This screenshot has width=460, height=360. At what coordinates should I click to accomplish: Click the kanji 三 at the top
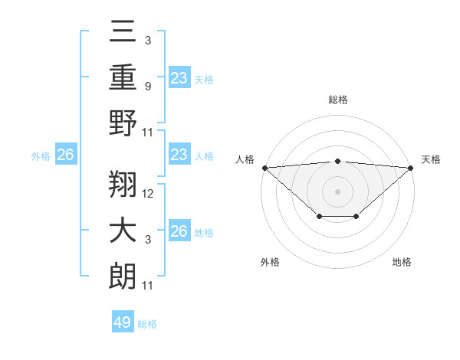point(123,33)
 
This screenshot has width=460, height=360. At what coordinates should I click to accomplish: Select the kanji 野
point(123,123)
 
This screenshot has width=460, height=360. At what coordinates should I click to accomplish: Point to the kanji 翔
point(123,185)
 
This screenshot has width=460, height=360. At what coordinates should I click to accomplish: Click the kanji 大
point(123,231)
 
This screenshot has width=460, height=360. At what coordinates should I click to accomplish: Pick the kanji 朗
point(123,277)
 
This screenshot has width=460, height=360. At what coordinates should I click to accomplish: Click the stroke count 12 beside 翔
point(149,194)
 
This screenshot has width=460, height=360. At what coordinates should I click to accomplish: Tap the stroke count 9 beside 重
point(149,86)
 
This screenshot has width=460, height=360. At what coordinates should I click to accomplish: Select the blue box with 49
point(123,322)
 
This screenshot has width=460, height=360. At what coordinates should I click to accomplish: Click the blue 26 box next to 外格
point(65,155)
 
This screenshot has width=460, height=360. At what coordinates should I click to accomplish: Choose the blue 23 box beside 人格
point(179,155)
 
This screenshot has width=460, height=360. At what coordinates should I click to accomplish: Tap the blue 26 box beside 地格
point(179,231)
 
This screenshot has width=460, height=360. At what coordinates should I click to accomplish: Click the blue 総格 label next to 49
point(147,324)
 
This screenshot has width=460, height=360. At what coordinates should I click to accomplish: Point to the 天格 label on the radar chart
point(431,159)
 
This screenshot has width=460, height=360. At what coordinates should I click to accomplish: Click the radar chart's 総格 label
point(337,100)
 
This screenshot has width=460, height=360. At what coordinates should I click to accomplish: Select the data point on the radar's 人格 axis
point(264,168)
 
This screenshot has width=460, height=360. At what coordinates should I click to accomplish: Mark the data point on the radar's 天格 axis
point(411,168)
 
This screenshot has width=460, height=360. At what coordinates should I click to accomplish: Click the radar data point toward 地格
point(356,217)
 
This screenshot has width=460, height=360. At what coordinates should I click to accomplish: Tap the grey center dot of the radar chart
point(337,191)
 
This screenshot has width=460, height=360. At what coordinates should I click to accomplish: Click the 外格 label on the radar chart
point(270,262)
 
